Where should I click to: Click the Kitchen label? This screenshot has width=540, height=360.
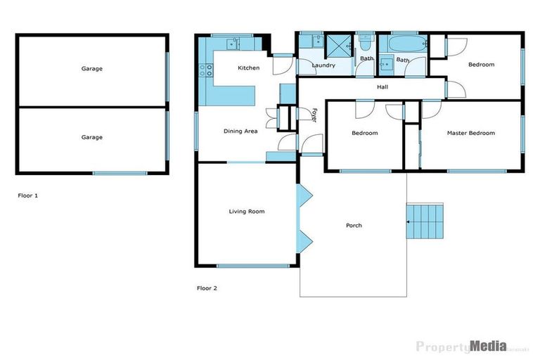[x=248, y=68]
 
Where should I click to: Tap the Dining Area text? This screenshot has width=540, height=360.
[x=240, y=131]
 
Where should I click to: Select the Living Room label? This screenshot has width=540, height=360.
[x=247, y=211]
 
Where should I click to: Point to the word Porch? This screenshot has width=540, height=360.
[x=354, y=226]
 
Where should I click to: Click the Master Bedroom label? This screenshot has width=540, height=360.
[x=470, y=133]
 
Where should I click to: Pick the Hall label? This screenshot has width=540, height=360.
[x=382, y=87]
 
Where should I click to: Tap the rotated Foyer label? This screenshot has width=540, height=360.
[x=314, y=115]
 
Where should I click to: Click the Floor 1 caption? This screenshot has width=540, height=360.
[x=27, y=195]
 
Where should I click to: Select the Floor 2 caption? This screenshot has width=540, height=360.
[x=206, y=288]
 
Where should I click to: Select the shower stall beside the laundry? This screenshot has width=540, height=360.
[x=340, y=46]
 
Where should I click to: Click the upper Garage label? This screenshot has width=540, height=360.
[x=91, y=69]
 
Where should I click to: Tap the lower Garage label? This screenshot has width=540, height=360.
[x=91, y=137]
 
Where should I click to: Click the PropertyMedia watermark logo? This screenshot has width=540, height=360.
[x=461, y=345]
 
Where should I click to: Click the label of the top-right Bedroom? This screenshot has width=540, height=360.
[x=482, y=65]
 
